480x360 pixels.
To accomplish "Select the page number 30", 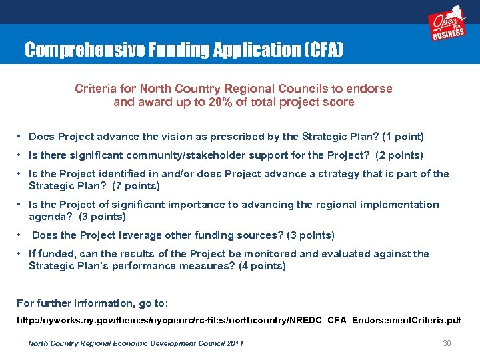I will click(x=447, y=343).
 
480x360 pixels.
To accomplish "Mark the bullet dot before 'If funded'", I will click(x=21, y=254).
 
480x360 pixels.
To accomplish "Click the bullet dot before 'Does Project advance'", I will click(x=21, y=137).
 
